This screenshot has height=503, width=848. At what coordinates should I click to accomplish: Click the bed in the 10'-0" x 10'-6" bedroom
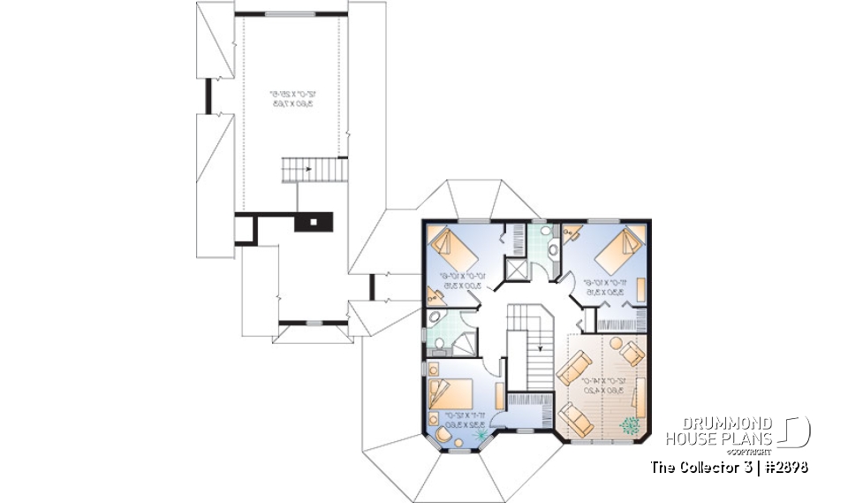(x=452, y=249)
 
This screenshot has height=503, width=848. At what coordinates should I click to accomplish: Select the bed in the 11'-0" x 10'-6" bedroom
(x=619, y=249)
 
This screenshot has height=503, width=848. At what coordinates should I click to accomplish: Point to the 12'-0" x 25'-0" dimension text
(x=291, y=97)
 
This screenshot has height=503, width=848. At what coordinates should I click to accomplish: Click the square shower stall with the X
(x=514, y=267)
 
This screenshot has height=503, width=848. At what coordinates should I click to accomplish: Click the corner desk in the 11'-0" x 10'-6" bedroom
(x=571, y=233)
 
